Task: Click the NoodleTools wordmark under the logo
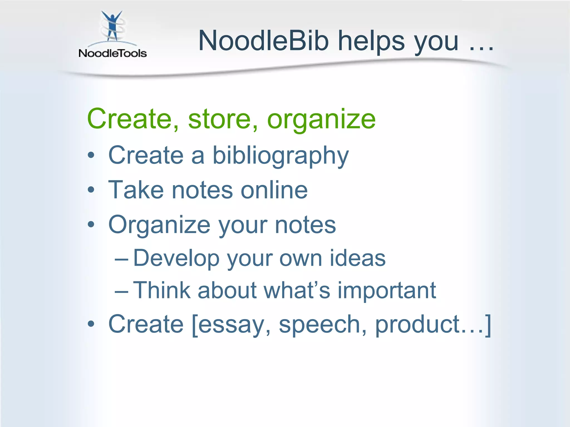point(112,53)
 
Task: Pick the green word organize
point(321,120)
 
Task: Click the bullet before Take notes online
point(91,190)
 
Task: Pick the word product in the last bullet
point(417,325)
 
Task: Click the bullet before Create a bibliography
point(91,155)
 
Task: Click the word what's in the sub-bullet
point(297,291)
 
